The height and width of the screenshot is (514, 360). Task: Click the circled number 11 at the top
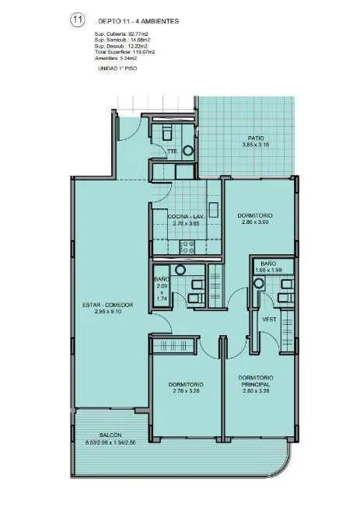click(78, 20)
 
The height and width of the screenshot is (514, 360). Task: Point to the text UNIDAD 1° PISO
click(117, 68)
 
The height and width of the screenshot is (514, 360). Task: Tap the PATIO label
click(256, 138)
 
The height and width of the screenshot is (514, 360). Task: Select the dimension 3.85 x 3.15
click(256, 145)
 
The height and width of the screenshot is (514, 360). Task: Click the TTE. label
click(173, 152)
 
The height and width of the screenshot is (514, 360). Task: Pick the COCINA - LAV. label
click(186, 217)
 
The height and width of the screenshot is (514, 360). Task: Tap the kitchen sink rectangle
click(214, 210)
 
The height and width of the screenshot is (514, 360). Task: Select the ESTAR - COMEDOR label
click(108, 305)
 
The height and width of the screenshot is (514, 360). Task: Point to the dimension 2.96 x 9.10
click(108, 311)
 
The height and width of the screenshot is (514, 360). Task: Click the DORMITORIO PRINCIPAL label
click(256, 381)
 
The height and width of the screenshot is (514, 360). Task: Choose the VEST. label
click(270, 320)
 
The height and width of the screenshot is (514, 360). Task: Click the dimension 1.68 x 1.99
click(268, 271)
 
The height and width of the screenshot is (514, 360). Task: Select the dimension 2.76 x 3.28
click(186, 390)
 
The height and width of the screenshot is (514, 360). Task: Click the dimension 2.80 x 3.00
click(255, 222)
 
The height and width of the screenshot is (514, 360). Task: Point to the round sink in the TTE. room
click(188, 151)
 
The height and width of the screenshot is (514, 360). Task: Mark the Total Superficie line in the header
click(125, 52)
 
